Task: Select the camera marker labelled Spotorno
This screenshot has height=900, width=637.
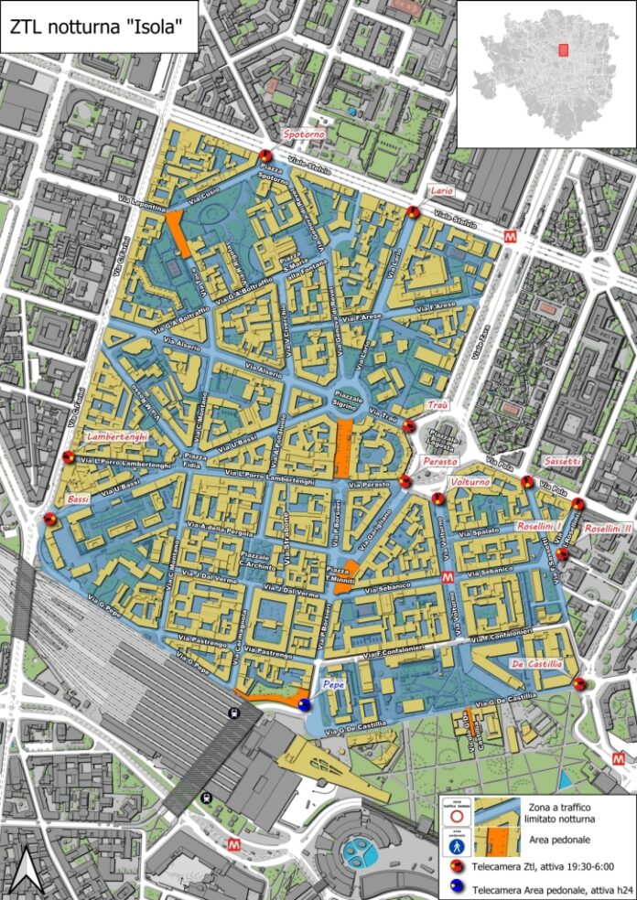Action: pos(265,155)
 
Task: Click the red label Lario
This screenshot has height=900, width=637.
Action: pos(443,190)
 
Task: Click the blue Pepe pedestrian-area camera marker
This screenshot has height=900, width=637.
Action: pos(305,703)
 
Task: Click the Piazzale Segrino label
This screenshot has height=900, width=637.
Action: pos(345,401)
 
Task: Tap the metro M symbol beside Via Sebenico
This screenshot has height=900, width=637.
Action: pos(448,577)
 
